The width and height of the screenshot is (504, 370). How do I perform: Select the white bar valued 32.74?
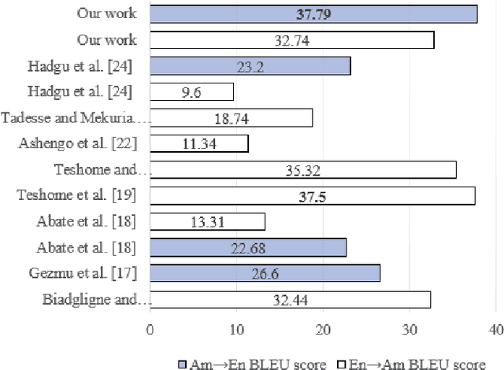point(291,39)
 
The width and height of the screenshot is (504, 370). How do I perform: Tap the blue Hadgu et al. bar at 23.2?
point(250,66)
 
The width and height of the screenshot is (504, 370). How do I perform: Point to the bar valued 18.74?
point(231,118)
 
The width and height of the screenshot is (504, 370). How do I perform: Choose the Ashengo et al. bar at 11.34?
point(199,143)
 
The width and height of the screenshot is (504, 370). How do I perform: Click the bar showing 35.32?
point(302,169)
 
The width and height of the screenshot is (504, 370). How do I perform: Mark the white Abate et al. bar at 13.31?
point(207,222)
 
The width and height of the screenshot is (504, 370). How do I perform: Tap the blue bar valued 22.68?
point(248,248)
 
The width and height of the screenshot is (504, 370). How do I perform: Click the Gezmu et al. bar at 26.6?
point(265,273)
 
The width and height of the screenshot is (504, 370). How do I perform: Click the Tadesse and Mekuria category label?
point(75,118)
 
